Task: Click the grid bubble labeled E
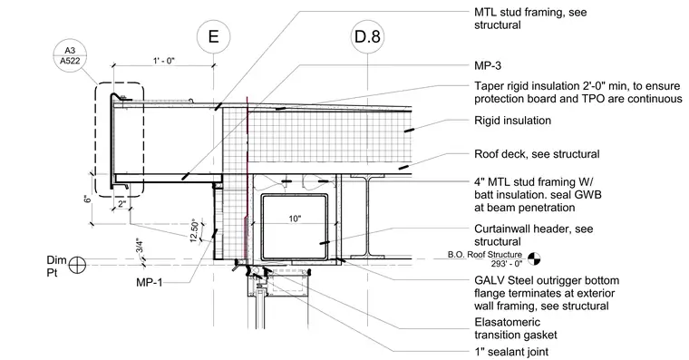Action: click(x=213, y=36)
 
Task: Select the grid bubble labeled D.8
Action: click(x=367, y=36)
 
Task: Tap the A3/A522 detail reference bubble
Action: click(x=70, y=56)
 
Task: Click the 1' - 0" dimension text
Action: click(x=164, y=60)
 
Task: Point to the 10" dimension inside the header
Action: click(x=295, y=219)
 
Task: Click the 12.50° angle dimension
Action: click(x=194, y=230)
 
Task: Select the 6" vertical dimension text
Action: click(x=88, y=199)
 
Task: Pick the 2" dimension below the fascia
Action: click(x=121, y=204)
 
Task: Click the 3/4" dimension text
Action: click(x=140, y=245)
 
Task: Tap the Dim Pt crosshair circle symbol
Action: click(x=77, y=265)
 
